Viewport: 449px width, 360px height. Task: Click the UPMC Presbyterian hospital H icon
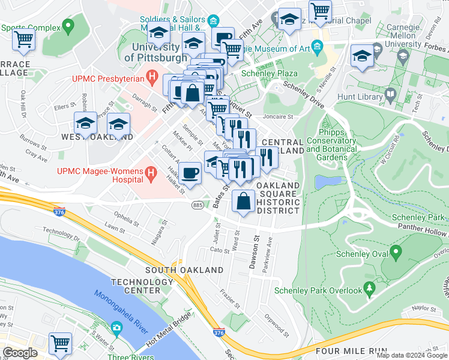[x=152, y=77]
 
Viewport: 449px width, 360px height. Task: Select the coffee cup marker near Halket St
[x=190, y=173]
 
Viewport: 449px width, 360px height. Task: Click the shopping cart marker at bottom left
[x=60, y=344]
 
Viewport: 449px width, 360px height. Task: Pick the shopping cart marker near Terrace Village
[x=23, y=40]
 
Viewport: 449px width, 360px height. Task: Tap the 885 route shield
[x=197, y=205]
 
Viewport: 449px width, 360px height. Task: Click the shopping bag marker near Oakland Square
[x=243, y=202]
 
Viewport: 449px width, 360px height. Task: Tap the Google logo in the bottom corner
[x=20, y=353]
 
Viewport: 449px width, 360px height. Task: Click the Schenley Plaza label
[x=270, y=73]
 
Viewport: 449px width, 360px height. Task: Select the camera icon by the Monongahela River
[x=116, y=329]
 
